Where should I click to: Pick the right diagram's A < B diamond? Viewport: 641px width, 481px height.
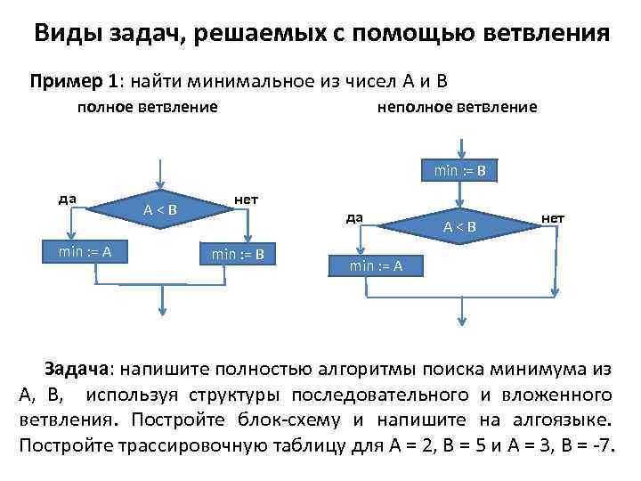pos(460,227)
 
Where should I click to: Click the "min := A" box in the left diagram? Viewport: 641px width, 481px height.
pos(85,251)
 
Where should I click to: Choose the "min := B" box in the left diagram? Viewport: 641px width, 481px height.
pos(238,254)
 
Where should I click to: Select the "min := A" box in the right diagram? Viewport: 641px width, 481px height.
pos(376,265)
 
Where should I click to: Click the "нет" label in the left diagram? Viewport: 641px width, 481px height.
pos(246,198)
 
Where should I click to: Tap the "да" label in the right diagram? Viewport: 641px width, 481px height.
pos(353,216)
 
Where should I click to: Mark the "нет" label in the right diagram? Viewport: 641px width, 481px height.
pos(553,217)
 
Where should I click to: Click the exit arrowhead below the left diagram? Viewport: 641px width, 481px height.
pos(161,310)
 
